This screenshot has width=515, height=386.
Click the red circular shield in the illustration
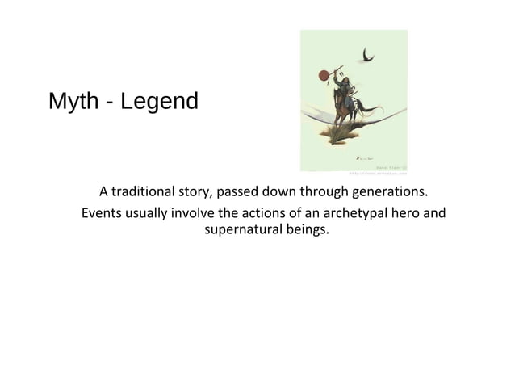(324, 75)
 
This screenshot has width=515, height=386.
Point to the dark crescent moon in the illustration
(368, 55)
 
